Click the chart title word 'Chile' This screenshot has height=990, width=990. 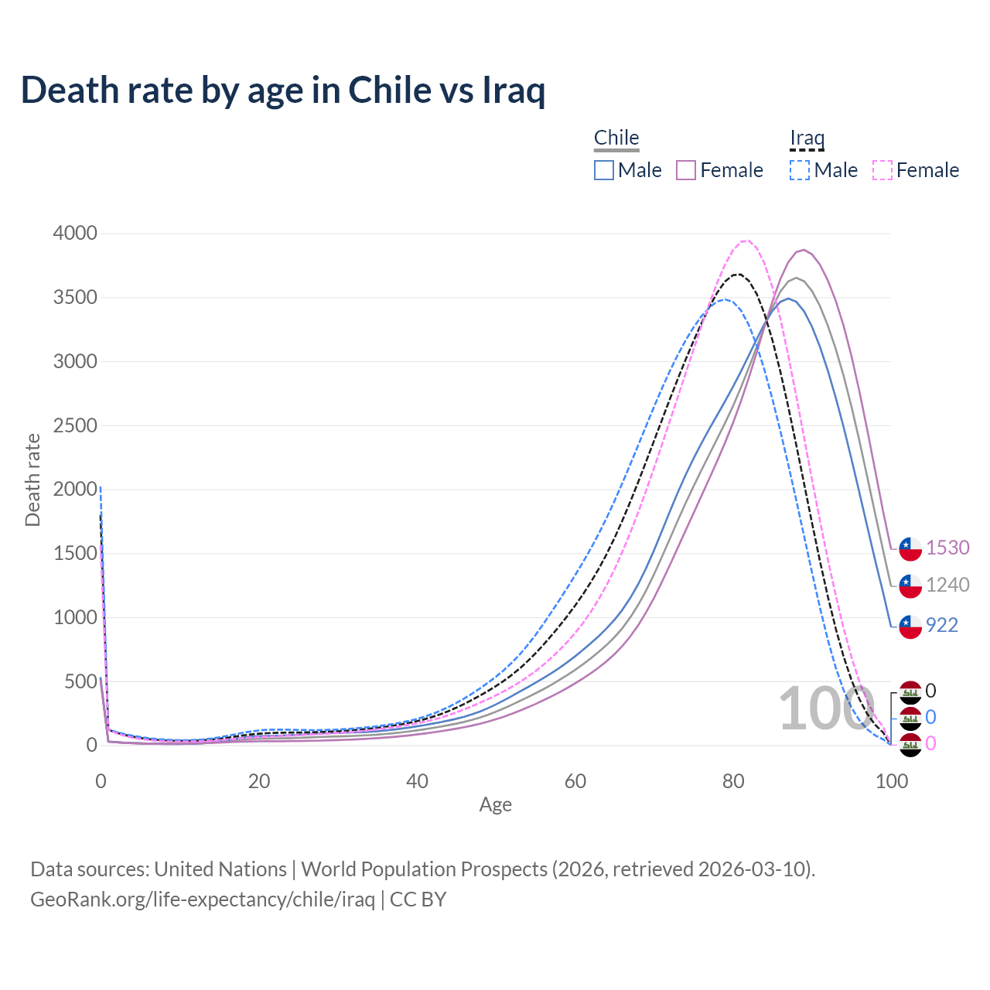pos(389,90)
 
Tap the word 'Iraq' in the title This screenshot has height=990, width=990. pos(514,91)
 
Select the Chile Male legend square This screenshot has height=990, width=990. pos(604,170)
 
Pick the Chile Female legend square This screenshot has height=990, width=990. pos(686,170)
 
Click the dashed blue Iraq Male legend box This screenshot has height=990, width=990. pos(800,170)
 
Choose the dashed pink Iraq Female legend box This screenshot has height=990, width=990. pos(882,170)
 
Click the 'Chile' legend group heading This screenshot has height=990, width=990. pos(616,138)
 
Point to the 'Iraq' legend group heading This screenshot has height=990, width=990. pos(807,138)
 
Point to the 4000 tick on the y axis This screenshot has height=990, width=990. pos(75,234)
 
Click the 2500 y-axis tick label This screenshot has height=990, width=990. pos(75,425)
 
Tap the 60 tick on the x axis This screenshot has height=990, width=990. pos(575,781)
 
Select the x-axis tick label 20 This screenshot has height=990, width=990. pos(259,781)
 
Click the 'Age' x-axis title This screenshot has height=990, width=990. pos(495,804)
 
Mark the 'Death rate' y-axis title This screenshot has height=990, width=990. pos(32,480)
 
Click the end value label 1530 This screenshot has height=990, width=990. pos(947,548)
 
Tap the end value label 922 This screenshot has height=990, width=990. pos(941,625)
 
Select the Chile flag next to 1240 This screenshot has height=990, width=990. pos(910,586)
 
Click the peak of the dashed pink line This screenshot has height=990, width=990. pos(745,241)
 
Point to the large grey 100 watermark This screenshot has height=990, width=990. pos(824,708)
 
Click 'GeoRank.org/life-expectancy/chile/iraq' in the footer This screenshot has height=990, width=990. pos(203,900)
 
